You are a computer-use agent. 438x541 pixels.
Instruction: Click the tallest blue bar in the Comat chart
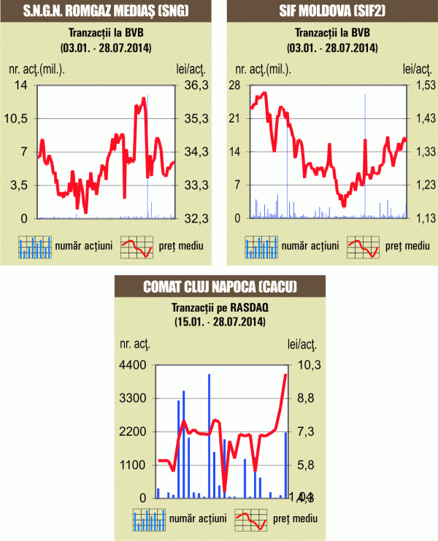pos(209,435)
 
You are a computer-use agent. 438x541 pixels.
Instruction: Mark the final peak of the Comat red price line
pos(285,375)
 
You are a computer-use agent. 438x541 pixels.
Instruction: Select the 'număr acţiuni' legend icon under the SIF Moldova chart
pos(261,247)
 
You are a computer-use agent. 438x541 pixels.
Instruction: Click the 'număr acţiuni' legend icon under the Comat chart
pos(148,519)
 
